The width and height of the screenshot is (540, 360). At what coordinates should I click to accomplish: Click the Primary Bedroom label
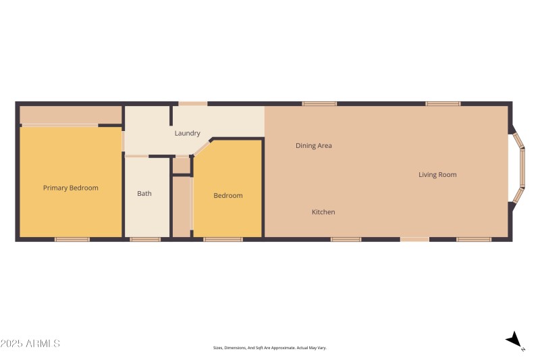pos(71,188)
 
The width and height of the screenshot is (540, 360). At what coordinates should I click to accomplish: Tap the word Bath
pos(144,193)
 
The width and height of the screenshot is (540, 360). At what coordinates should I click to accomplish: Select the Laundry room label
pos(187,133)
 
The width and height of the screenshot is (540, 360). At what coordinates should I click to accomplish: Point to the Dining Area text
pos(314,145)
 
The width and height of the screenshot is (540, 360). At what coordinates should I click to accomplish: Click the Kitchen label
pos(323,212)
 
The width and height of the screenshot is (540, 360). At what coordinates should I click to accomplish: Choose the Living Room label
pos(437,174)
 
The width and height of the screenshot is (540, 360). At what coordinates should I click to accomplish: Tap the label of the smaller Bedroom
pos(228,195)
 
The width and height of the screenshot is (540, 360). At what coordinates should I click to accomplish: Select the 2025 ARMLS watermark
pos(30,344)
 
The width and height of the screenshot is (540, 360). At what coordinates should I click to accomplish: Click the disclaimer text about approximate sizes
pos(270,348)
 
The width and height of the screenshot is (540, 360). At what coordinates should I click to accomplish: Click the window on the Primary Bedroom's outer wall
pos(72,239)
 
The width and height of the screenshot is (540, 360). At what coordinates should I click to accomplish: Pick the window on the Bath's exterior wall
pos(145,239)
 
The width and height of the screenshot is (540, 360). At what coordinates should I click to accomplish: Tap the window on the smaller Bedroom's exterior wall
pos(223,239)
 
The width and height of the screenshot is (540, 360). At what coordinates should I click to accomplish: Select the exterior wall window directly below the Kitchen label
pos(346,239)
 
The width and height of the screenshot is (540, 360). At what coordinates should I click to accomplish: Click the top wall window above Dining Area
pos(319,103)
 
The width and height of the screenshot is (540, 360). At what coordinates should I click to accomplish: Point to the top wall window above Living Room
pos(443,103)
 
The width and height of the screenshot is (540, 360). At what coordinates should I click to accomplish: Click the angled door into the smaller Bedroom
pos(202,147)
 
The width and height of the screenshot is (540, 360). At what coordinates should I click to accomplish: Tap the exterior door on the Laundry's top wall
pos(193,103)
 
